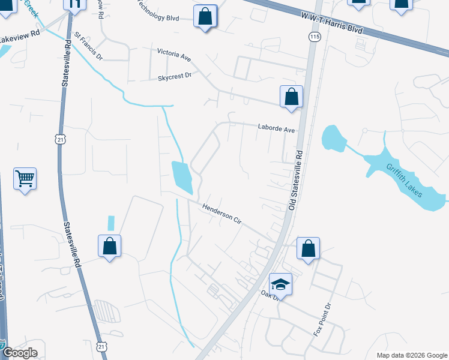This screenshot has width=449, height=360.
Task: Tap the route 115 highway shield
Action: tap(315, 37)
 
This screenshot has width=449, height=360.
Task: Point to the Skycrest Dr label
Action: tap(174, 77)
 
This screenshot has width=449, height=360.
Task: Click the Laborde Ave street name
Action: tap(277, 128)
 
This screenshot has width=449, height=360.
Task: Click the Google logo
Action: tap(19, 353)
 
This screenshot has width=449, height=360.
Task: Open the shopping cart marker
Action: tap(25, 178)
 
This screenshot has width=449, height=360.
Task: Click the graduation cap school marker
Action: tap(280, 284)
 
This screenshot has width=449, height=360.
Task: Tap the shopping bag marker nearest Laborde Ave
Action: tap(291, 97)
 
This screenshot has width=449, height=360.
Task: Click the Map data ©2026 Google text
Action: tap(411, 355)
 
